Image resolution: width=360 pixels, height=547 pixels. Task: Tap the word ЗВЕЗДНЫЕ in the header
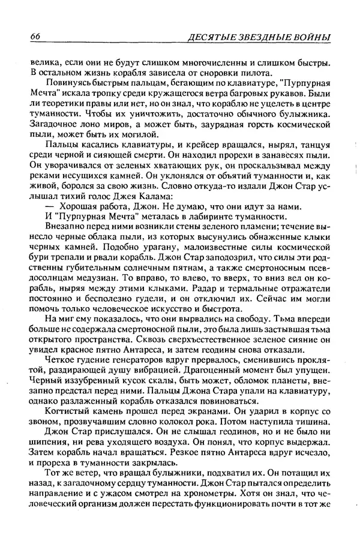click(251, 38)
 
